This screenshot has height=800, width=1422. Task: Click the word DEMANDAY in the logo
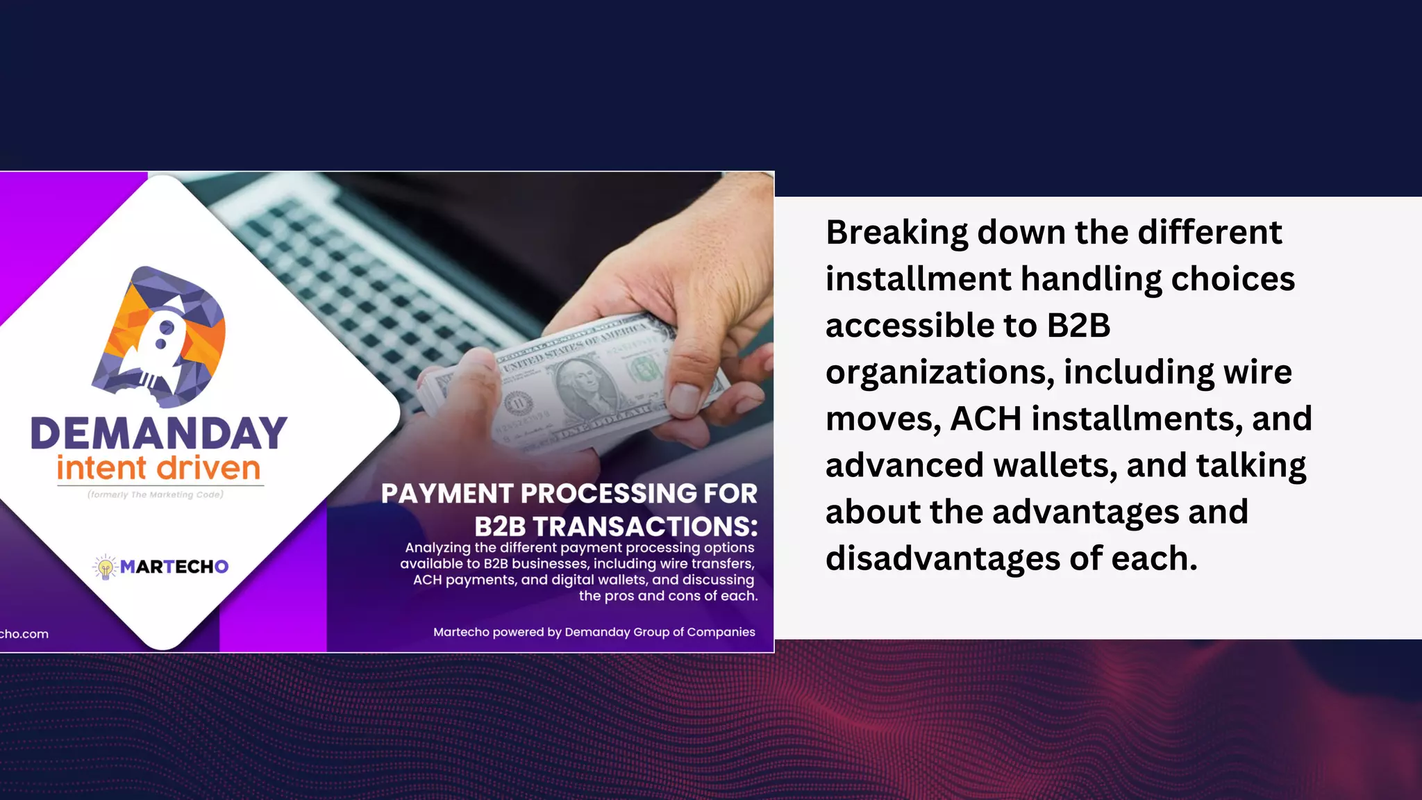click(x=159, y=433)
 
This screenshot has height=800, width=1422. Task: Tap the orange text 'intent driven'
click(x=159, y=468)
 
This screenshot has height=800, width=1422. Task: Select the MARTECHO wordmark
click(x=174, y=567)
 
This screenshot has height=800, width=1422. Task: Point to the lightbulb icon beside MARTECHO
click(x=106, y=567)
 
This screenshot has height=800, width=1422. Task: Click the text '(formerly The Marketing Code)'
click(x=156, y=494)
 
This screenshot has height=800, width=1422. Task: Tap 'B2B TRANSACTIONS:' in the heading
click(x=616, y=526)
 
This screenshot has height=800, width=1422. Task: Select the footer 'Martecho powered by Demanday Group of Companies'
click(x=594, y=632)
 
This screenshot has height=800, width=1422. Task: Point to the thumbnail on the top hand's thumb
click(x=685, y=398)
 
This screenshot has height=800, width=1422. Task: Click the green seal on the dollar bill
click(x=644, y=369)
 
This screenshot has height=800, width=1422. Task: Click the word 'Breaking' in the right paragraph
click(x=896, y=233)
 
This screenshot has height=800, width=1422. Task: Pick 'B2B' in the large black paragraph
click(x=1078, y=326)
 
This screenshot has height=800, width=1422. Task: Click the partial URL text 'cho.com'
click(x=24, y=634)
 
